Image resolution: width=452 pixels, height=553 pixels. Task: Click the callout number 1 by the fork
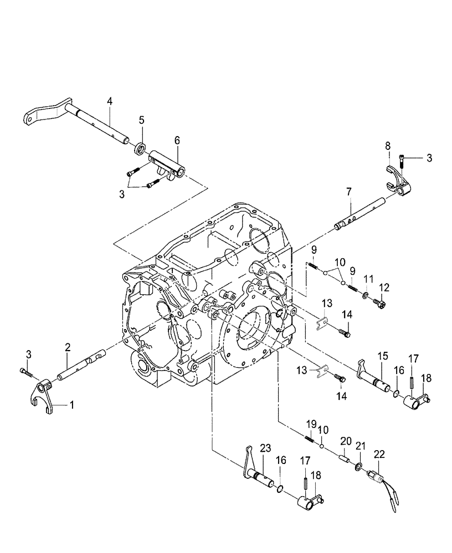[71, 405]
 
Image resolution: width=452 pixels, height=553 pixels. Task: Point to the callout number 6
[177, 141]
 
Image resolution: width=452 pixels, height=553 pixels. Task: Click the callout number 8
[388, 146]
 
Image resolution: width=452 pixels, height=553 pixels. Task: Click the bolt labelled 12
[380, 302]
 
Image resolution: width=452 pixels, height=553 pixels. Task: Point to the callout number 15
[381, 357]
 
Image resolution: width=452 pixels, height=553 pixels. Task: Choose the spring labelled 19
[310, 440]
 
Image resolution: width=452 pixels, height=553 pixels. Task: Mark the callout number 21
[360, 446]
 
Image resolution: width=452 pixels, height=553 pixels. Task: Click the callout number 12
[383, 287]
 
